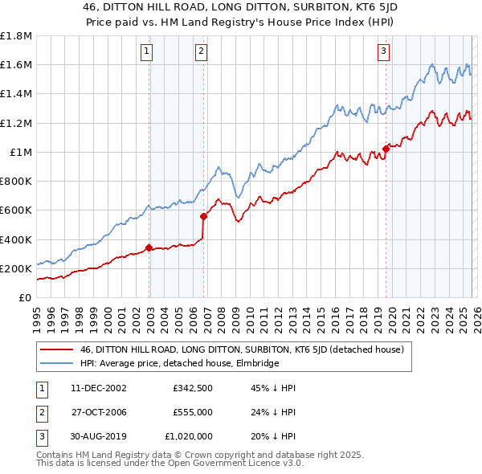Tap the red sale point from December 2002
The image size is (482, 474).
point(149,247)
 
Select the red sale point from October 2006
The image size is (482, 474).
point(204,216)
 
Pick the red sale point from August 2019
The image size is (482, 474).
point(386,149)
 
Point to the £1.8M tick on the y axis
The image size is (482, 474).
point(16,36)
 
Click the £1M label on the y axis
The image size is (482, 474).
point(21,152)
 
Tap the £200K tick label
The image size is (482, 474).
point(18,268)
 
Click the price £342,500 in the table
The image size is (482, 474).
point(191,387)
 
